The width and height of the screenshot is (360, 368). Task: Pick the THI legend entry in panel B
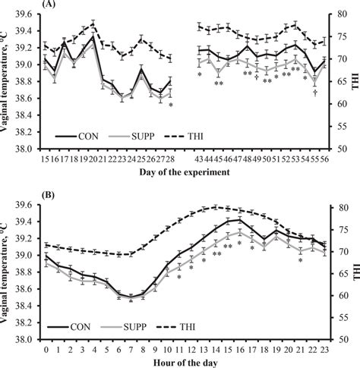pyautogui.click(x=188, y=326)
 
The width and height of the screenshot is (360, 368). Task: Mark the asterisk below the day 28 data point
pyautogui.click(x=171, y=105)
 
